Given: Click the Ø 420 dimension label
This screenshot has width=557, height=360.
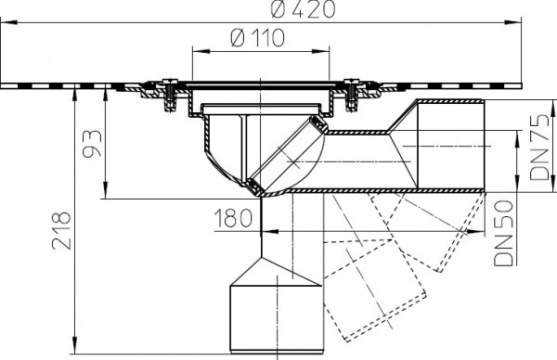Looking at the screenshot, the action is click(303, 9).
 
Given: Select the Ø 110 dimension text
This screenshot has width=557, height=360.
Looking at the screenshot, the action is click(258, 38).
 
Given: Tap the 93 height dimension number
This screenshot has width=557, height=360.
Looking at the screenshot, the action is click(92, 143).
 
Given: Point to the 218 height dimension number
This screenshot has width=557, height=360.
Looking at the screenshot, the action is click(62, 231).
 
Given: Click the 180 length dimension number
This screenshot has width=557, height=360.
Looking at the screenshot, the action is click(234, 218).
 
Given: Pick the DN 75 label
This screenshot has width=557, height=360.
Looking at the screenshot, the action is click(539, 147).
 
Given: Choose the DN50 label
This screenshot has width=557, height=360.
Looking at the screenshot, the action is click(504, 233).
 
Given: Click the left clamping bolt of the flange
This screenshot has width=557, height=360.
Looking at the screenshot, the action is click(170, 95).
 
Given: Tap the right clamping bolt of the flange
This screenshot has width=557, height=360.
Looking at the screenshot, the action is click(352, 95).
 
